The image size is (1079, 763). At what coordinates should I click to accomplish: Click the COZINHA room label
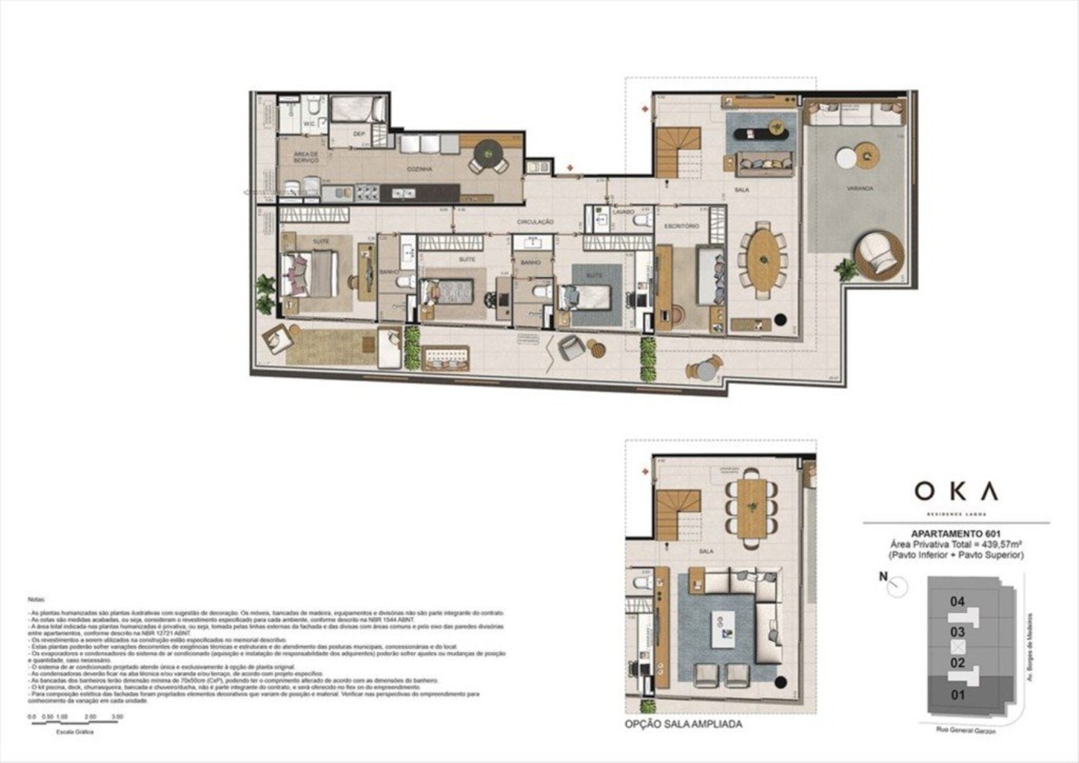[x=420, y=170]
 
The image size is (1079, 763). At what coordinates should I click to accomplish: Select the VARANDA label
[x=859, y=189]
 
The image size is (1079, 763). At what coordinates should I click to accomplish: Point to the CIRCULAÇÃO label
[x=536, y=222]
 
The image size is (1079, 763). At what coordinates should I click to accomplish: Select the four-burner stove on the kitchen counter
[x=367, y=192]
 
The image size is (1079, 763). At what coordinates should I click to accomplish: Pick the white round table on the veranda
[x=846, y=159]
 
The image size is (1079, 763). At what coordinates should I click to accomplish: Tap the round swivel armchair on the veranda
[x=880, y=256]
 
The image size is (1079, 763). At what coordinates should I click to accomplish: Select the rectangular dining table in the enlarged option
[x=752, y=507]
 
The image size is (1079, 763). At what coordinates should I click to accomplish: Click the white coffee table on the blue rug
[x=724, y=629]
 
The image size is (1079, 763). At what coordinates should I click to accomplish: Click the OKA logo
[x=956, y=491]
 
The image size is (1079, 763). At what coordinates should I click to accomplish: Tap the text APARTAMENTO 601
[x=956, y=534]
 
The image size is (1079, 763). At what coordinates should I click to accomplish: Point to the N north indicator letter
[x=883, y=576]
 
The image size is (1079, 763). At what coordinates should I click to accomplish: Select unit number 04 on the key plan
[x=958, y=601]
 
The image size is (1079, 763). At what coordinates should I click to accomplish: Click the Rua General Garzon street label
[x=966, y=731]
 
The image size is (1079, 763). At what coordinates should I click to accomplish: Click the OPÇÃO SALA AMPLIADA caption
[x=683, y=724]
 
